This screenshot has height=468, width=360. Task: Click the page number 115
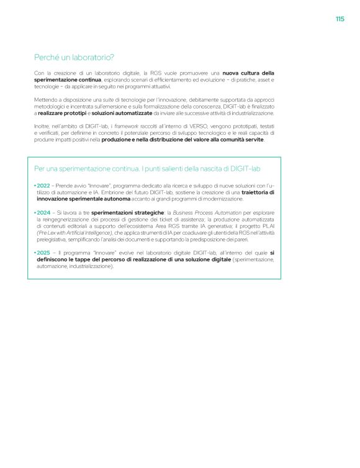(x=340, y=19)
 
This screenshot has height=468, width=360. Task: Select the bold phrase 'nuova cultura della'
(x=248, y=73)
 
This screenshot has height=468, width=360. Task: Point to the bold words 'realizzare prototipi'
(x=62, y=114)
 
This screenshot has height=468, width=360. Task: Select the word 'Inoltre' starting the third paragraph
(x=43, y=127)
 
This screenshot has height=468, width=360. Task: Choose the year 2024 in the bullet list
(x=43, y=212)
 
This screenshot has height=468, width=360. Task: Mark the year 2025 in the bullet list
(x=43, y=253)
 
